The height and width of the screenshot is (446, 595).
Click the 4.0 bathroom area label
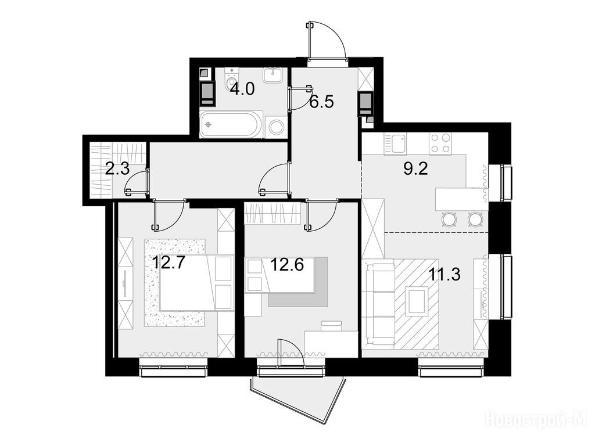242,90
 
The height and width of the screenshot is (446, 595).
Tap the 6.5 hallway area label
321,102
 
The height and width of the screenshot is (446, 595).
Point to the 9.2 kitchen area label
415,168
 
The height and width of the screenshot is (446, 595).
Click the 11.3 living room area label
445,274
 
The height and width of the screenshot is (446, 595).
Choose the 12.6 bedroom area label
287,264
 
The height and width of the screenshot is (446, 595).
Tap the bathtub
231,124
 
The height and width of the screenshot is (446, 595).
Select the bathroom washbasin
273,75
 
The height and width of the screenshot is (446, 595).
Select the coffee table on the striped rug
417,301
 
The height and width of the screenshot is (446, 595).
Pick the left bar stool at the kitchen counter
450,219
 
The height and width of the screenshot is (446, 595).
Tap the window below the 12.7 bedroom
173,367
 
